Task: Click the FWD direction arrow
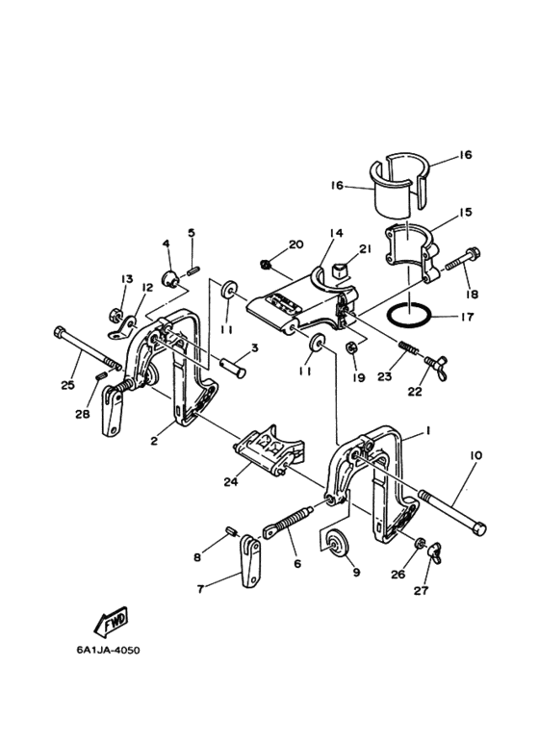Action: point(110,621)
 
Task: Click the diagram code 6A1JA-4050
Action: point(109,650)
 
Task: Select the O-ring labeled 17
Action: point(409,315)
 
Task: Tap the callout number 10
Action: point(475,455)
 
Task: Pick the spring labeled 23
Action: point(408,347)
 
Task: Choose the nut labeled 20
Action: point(267,264)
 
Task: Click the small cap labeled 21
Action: point(341,271)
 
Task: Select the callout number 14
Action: point(337,233)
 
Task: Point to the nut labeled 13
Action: point(115,314)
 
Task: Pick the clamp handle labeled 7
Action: point(252,561)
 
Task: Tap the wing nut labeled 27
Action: point(435,552)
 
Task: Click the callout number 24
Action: point(231,481)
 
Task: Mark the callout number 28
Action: point(83,414)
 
